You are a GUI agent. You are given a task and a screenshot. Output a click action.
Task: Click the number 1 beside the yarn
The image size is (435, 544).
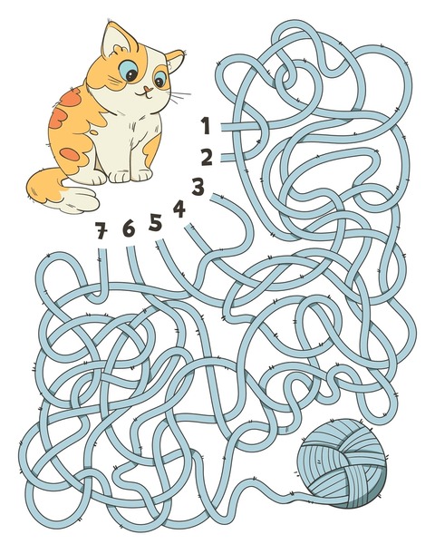coord(206,125)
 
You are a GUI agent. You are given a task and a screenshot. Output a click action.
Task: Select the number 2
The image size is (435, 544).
coord(207,158)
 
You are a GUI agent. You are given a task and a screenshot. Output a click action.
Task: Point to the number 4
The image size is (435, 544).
coord(179,209)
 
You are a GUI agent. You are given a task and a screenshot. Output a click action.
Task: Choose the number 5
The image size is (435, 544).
coord(156,221)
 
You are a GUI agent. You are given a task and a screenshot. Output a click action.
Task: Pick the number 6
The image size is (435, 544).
coord(128,229)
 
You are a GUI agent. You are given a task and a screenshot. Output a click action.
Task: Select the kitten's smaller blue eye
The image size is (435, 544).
coord(160,83)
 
